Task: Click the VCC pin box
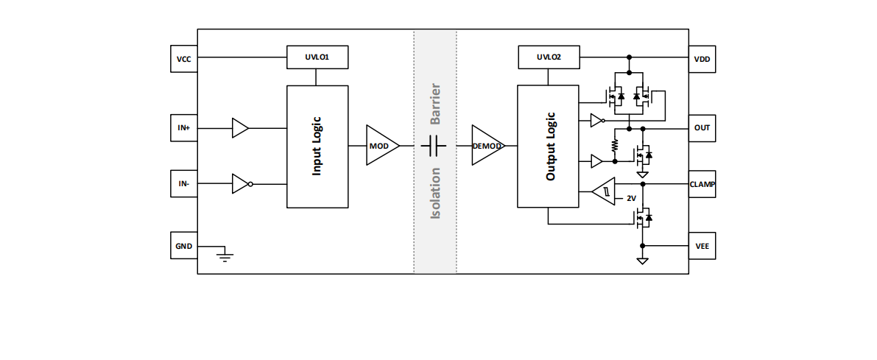(183, 59)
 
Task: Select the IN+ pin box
(183, 127)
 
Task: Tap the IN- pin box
(183, 183)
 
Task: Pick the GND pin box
(183, 246)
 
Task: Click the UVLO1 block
(317, 57)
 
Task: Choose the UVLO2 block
(549, 57)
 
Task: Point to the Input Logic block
(317, 146)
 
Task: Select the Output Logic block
(548, 146)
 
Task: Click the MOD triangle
(381, 146)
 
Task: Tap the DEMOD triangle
(485, 146)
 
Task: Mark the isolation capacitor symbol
(434, 146)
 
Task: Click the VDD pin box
(702, 59)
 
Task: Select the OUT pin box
(702, 127)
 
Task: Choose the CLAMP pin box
(702, 183)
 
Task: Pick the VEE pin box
(702, 246)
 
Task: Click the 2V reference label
(631, 199)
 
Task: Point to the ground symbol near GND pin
(225, 255)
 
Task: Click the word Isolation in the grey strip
(435, 193)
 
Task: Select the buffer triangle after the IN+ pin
(239, 127)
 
